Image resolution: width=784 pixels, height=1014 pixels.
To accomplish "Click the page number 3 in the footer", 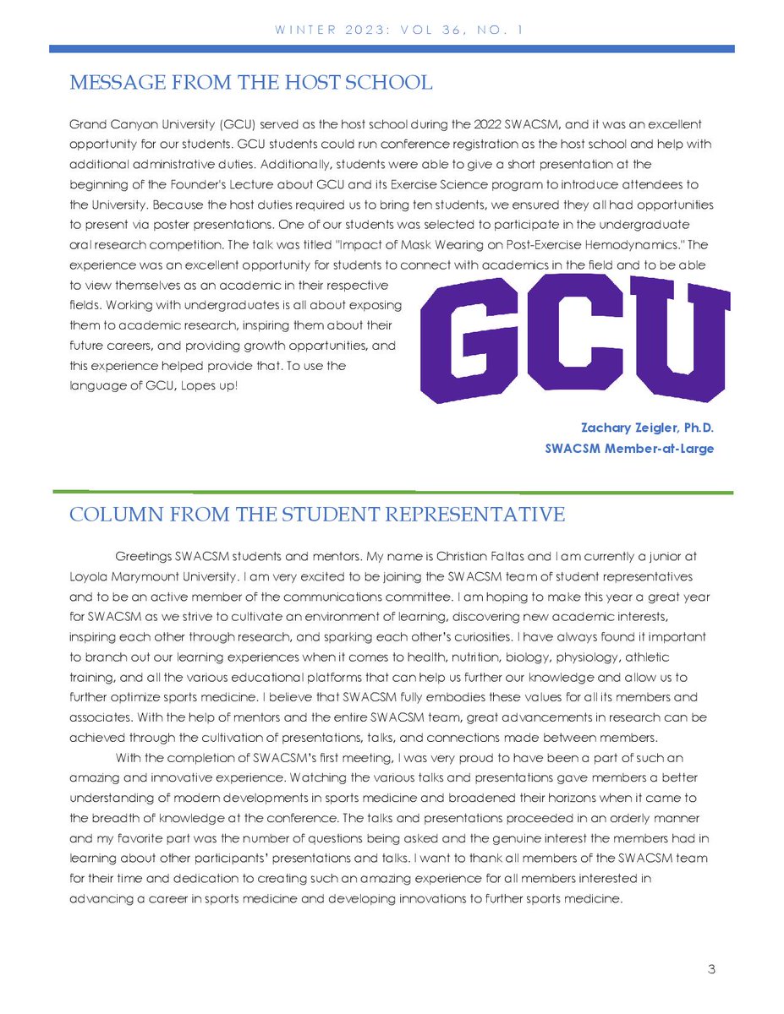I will coord(712,969).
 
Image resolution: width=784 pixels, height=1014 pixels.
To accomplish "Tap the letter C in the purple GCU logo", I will coord(570,338).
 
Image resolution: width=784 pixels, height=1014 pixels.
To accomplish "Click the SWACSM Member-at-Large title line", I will coord(630,449).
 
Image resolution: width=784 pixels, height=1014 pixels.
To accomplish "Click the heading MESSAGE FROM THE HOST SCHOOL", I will coord(250,82).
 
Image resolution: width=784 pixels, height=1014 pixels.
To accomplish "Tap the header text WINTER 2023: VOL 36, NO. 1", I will coord(392,30).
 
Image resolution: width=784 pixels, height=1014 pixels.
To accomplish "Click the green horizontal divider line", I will coord(392,491).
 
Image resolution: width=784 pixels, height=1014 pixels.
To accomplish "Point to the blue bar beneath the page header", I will coord(392,49).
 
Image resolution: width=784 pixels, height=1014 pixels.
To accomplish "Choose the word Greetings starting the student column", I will coord(141,558).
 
